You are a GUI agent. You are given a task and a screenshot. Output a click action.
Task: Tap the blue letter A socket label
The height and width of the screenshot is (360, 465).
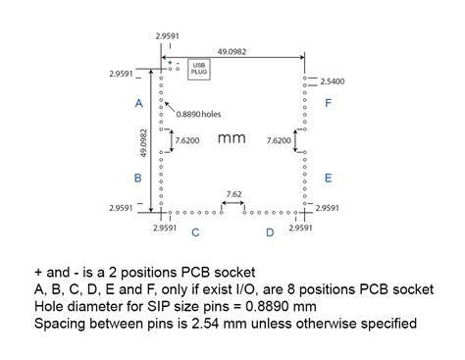[x=138, y=103]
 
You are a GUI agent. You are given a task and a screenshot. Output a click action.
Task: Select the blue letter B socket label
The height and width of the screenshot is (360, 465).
[x=138, y=178]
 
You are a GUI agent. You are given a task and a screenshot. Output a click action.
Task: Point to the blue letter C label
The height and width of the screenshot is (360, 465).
[x=196, y=232]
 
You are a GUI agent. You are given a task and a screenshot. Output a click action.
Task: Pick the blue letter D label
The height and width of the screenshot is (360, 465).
[x=270, y=232]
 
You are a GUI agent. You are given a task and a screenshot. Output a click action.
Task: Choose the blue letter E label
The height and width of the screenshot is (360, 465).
[x=328, y=178]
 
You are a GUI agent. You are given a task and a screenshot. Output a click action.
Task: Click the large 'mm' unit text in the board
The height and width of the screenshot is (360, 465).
[x=232, y=138]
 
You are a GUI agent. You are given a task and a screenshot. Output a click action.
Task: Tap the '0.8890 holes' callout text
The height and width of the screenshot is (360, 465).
[x=199, y=115]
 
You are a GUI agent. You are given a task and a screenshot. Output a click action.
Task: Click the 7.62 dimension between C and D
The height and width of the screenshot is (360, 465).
[x=233, y=193]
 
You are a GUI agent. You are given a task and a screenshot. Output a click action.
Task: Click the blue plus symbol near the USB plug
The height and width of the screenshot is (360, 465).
[x=170, y=63]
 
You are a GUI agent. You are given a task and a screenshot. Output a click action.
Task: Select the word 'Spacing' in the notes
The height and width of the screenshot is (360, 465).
[x=53, y=321]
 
